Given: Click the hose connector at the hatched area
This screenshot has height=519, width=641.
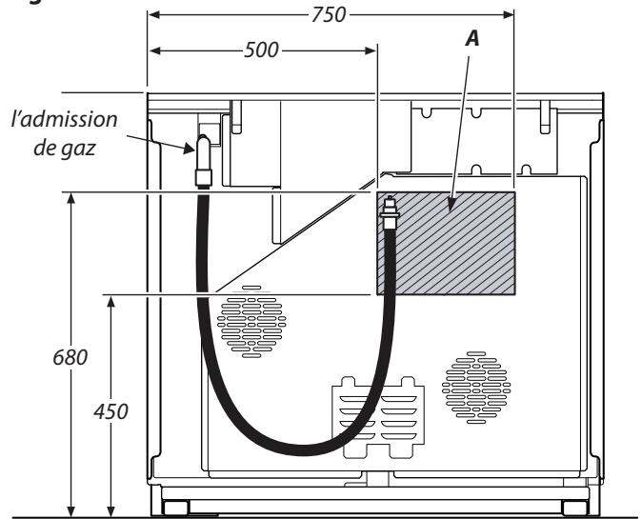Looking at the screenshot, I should tap(389, 213).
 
